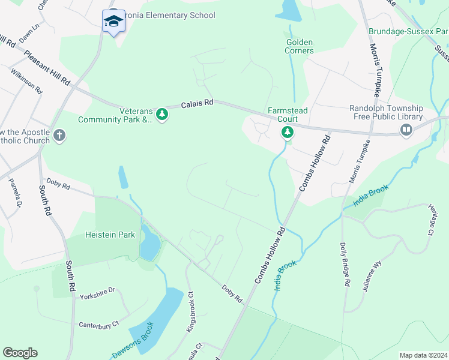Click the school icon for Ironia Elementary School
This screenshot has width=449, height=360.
click(113, 21)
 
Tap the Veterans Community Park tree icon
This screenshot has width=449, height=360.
click(161, 113)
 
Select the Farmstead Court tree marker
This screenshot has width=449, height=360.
click(288, 131)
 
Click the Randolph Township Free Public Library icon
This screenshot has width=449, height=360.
click(406, 130)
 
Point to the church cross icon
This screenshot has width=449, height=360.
click(59, 135)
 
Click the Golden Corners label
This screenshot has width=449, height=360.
click(300, 47)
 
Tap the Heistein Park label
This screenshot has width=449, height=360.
click(110, 235)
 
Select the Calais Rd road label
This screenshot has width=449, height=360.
click(197, 104)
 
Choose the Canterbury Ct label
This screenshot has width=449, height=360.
click(99, 325)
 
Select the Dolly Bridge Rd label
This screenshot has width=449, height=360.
click(345, 263)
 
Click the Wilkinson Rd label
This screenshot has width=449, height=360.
click(26, 80)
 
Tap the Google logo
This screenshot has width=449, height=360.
click(20, 353)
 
